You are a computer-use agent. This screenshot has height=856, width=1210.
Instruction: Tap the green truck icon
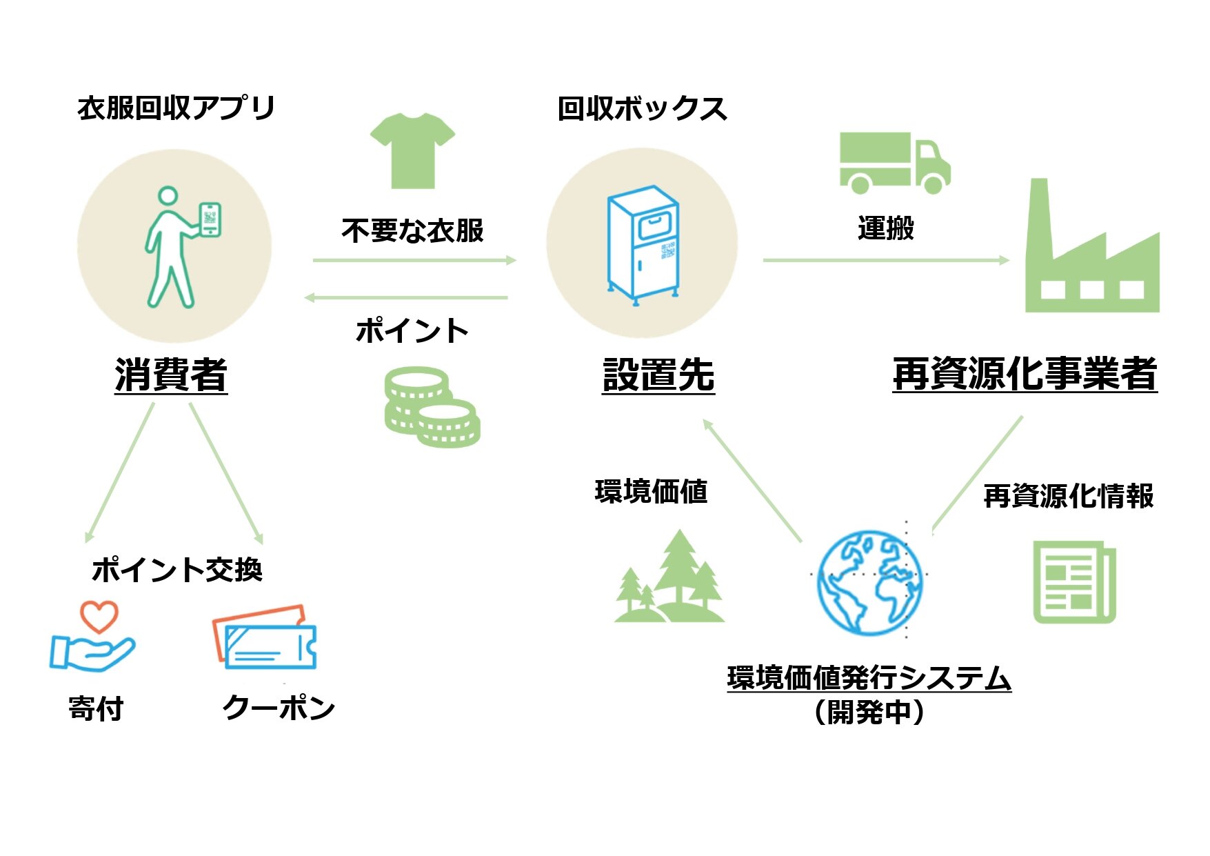pos(894,163)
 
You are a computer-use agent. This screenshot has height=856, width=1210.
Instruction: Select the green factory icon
pos(1091,252)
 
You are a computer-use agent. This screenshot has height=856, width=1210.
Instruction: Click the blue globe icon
pos(870,582)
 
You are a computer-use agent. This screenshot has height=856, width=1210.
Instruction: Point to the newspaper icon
pos(1073,582)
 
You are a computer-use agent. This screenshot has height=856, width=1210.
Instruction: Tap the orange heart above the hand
pos(99,616)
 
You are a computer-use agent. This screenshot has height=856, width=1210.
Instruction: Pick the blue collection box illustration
pos(642,245)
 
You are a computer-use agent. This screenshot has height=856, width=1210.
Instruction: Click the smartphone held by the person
pos(210,219)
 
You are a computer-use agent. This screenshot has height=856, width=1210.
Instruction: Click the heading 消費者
pos(171,375)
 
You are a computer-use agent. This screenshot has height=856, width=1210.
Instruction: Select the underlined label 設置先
pos(658,375)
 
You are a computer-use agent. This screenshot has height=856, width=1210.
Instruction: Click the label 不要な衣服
pos(412,230)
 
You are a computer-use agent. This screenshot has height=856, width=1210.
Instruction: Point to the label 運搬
pos(886,228)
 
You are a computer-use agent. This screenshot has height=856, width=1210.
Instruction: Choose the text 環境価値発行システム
pos(869,677)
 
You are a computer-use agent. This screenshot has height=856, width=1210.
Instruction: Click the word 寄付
pos(96,708)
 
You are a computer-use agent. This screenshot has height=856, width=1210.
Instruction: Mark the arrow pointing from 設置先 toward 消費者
pos(407,298)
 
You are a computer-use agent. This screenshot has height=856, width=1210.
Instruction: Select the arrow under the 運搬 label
pos(886,260)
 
